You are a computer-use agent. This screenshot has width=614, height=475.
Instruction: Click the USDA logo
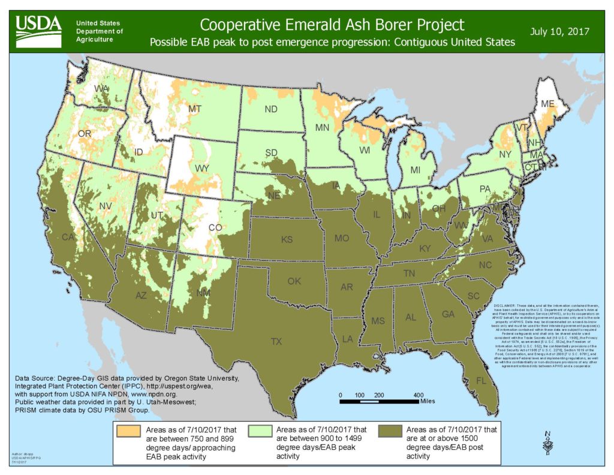(x=38, y=26)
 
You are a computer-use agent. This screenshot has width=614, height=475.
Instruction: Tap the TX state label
(x=276, y=342)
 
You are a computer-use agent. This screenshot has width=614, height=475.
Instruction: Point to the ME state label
(x=547, y=104)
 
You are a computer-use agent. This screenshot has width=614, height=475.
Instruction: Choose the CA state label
(x=68, y=237)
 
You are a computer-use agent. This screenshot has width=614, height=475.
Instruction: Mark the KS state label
(x=287, y=240)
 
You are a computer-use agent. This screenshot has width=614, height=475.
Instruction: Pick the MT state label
(x=194, y=109)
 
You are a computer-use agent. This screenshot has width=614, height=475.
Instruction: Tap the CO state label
(x=214, y=228)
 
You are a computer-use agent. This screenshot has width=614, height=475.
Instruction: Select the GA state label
(x=447, y=314)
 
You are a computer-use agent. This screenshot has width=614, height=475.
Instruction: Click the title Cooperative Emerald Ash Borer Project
(x=332, y=25)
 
